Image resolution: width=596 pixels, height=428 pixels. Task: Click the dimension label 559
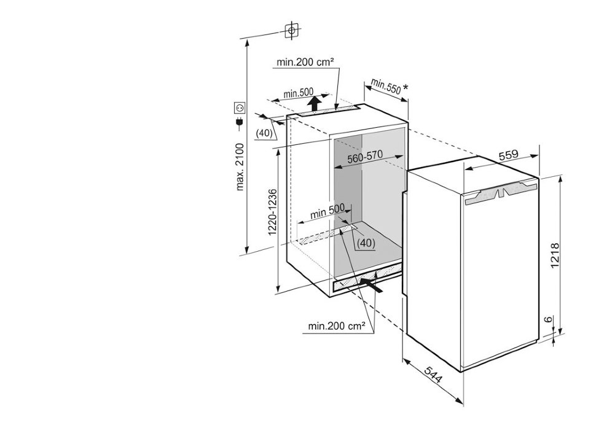508,155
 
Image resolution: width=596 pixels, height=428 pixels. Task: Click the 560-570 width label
366,157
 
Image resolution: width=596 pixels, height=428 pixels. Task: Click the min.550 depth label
386,86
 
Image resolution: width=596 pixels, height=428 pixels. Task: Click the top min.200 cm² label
305,61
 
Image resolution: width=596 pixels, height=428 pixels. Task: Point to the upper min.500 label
299,93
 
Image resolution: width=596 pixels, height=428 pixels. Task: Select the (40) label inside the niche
366,243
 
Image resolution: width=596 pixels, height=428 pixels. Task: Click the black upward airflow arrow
313,102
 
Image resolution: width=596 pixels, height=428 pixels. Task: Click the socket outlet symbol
240,108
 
